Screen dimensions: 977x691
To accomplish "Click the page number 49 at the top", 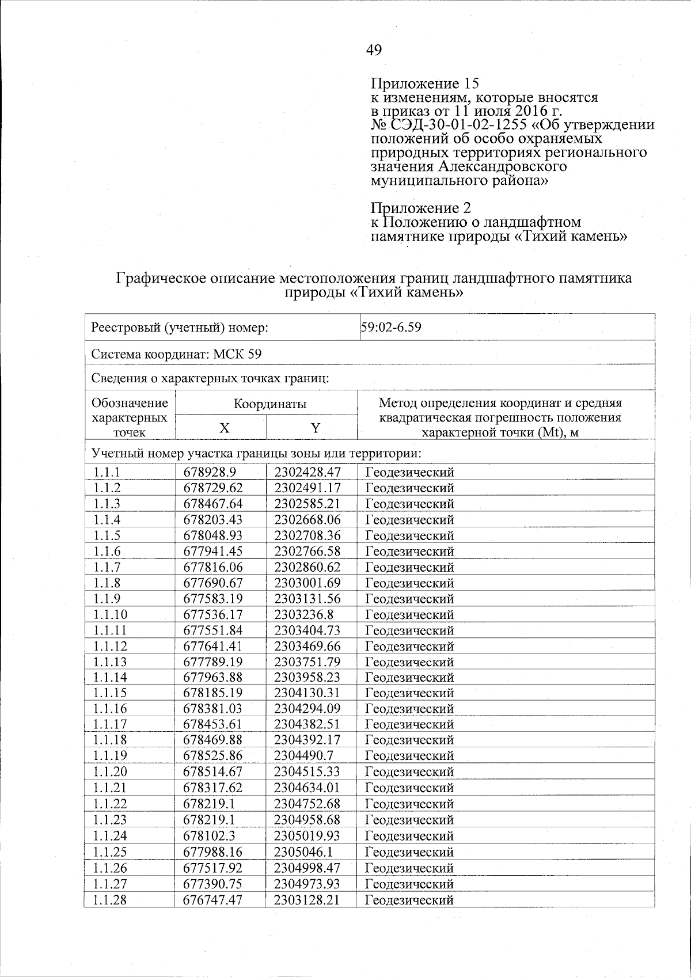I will pos(374,51).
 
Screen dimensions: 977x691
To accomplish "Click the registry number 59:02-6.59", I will pos(392,328).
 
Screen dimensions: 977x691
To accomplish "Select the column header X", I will pos(224,428).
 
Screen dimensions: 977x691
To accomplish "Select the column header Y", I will pos(315,428).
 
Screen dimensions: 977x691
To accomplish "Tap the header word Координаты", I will pos(269,404).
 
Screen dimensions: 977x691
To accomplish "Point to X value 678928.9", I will pos(210,473).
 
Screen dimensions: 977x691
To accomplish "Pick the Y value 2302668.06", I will pos(308,520).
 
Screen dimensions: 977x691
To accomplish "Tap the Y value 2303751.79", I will pos(308,662).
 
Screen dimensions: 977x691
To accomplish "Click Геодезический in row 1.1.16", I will pos(410,709).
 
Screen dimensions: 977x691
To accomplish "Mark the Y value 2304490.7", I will pos(305,756).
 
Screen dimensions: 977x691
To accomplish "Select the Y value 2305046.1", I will pos(305,852).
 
